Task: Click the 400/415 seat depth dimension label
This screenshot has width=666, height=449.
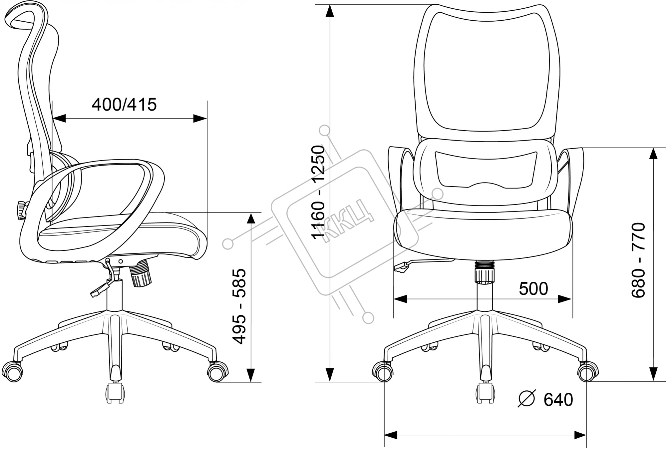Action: [124, 105]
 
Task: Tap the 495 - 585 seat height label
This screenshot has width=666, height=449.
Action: [239, 306]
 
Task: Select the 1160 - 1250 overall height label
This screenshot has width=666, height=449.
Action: [318, 192]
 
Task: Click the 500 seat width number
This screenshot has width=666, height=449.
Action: [533, 288]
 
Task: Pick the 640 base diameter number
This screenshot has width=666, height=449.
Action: [558, 399]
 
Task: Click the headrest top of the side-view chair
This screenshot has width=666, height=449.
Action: [23, 17]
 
